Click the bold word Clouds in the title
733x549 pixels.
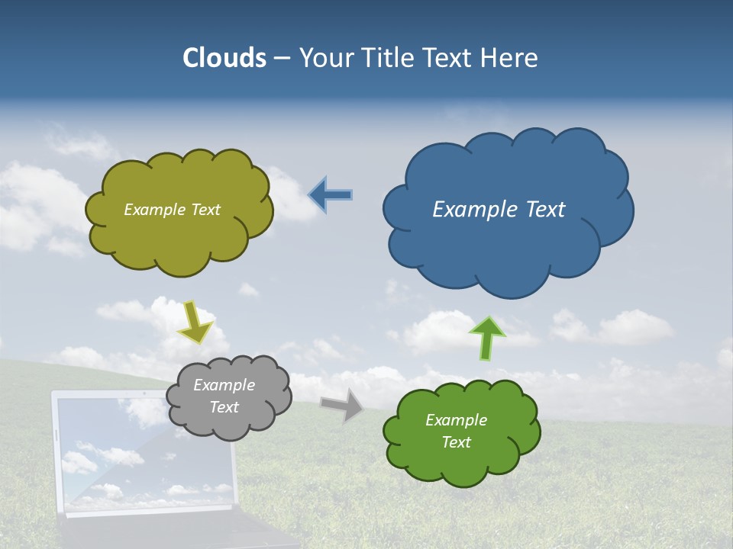(224, 58)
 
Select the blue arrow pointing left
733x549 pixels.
(330, 195)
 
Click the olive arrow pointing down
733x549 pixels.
(195, 323)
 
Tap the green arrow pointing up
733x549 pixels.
(487, 339)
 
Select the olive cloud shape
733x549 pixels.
(180, 244)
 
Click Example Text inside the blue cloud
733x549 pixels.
(499, 210)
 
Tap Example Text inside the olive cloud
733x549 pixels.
(172, 210)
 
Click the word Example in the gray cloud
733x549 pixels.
(224, 385)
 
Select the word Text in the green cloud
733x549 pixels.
(456, 442)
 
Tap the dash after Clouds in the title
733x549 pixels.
(282, 58)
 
